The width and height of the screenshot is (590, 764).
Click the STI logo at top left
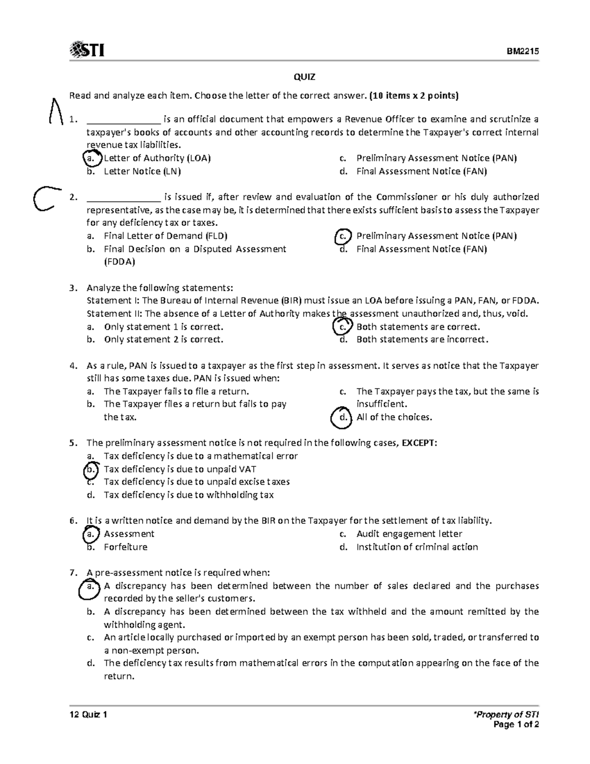pos(88,50)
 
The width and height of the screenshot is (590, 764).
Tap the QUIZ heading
pos(304,77)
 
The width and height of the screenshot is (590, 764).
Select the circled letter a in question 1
pos(90,158)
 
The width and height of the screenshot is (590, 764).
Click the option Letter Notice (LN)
pos(142,171)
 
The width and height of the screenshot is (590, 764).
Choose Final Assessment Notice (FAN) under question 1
pos(421,171)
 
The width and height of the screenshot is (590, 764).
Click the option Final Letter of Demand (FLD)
pos(165,236)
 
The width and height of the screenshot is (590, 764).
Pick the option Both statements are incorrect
pos(422,339)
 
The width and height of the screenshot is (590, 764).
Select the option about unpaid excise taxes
pos(196,482)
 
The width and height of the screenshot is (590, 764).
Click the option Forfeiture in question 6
pos(125,547)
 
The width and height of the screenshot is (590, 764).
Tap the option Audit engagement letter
pos(409,534)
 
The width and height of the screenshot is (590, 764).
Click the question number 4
pos(73,366)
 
